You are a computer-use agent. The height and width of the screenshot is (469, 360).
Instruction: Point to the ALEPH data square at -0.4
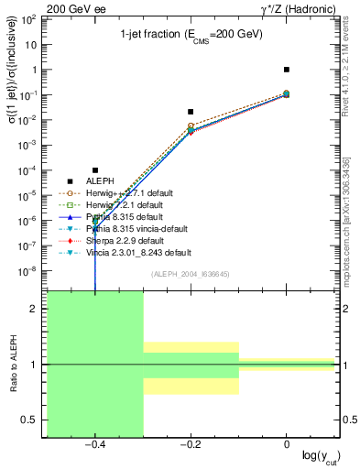[x=95, y=169]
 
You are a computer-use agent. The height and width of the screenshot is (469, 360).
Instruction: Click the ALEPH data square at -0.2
[x=191, y=112]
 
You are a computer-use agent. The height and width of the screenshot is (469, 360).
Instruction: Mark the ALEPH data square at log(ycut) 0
[x=287, y=70]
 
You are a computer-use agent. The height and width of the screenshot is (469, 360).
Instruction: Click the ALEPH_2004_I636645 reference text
[x=191, y=274]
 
